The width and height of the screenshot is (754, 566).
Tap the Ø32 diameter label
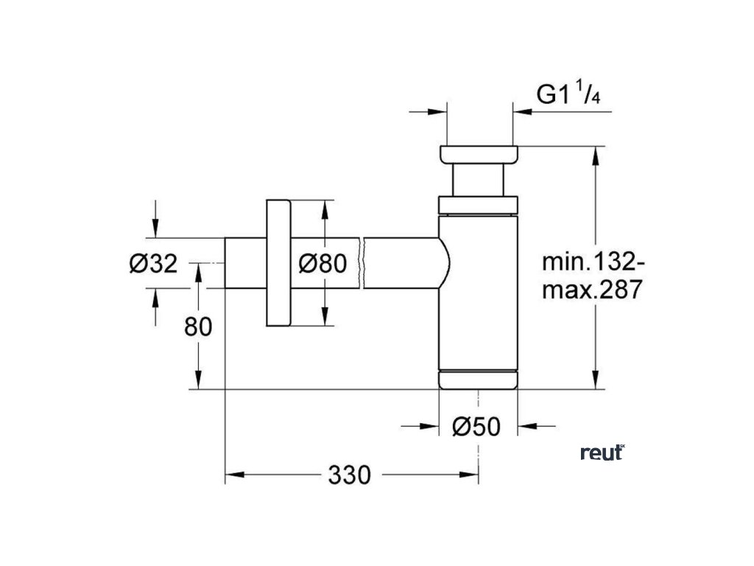[154, 264]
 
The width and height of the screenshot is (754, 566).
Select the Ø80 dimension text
[323, 263]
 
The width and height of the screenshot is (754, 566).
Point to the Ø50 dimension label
[476, 427]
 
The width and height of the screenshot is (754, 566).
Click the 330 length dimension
[350, 475]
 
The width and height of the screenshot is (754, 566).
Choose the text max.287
[593, 290]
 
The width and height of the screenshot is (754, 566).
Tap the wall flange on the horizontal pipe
[278, 263]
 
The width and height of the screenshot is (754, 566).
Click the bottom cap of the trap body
[478, 380]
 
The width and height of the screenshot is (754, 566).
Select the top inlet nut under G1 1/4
[479, 154]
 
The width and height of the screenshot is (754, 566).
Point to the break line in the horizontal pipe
[362, 263]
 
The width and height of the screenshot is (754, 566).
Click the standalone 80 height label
[198, 327]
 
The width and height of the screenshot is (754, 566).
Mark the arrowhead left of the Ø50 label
[429, 426]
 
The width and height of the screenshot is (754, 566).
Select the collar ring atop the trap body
[478, 205]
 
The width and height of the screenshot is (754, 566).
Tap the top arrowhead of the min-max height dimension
[596, 156]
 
